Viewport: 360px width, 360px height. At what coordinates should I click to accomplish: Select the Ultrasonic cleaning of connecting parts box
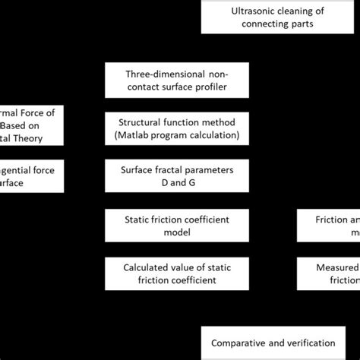279,18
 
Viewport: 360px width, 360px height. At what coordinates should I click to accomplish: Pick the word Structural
141,122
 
